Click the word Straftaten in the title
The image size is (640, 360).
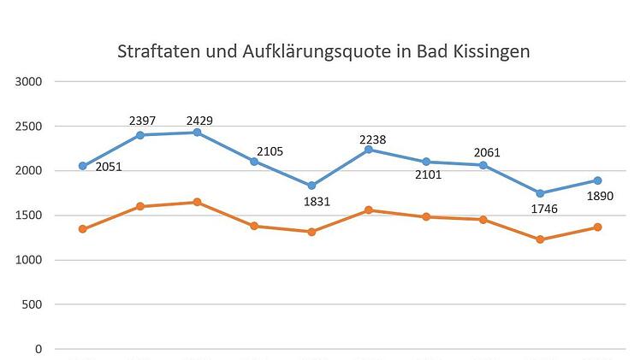(x=157, y=51)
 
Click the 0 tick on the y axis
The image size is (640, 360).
(x=39, y=349)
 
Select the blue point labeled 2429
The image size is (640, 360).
(x=197, y=133)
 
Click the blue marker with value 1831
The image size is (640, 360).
(x=311, y=186)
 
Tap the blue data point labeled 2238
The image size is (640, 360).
(x=369, y=150)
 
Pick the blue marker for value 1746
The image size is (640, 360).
(x=540, y=193)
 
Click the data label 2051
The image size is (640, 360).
(x=109, y=167)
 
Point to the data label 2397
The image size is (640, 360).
(x=141, y=121)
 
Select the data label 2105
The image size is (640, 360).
(x=270, y=151)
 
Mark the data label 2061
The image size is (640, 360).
(x=486, y=153)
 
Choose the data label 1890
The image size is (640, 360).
(x=599, y=197)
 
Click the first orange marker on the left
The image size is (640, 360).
(x=83, y=229)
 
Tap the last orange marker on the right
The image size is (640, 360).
(x=597, y=227)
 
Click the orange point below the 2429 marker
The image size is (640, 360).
(x=197, y=202)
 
